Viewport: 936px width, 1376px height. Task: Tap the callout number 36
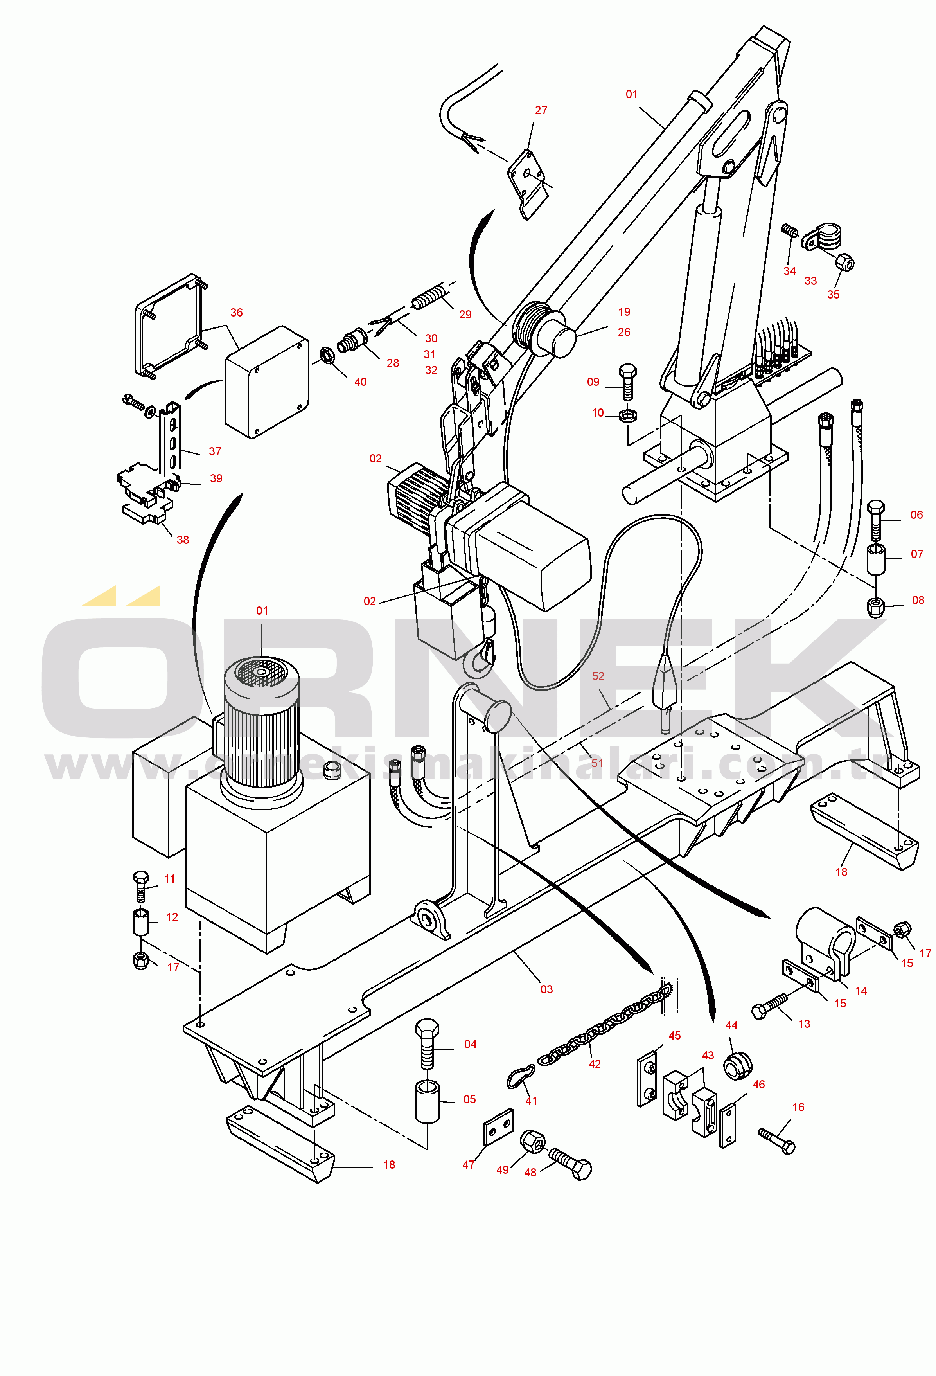(x=236, y=312)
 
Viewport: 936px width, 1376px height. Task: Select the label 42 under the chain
(x=595, y=1064)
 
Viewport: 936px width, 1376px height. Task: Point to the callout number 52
(x=598, y=676)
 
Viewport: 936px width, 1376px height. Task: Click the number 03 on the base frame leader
(x=546, y=989)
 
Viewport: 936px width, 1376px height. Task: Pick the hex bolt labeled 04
(x=427, y=1045)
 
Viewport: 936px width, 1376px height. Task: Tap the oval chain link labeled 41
(x=521, y=1076)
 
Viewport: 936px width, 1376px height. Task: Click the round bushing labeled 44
(x=737, y=1066)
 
